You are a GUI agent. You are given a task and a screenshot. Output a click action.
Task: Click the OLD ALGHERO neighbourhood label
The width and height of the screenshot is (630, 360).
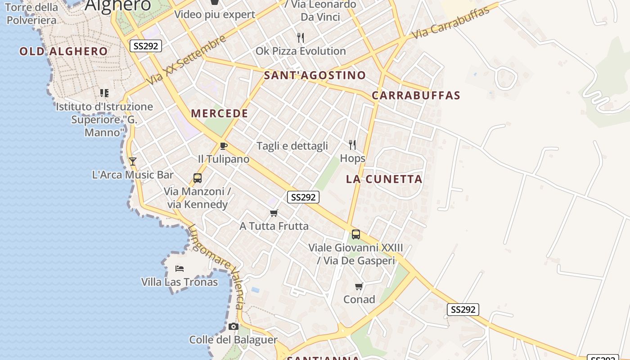pyautogui.click(x=63, y=51)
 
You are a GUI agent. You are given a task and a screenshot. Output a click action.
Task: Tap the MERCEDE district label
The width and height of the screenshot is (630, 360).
pyautogui.click(x=220, y=113)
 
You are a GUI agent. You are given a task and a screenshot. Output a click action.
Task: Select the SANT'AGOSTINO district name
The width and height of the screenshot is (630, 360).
pyautogui.click(x=315, y=75)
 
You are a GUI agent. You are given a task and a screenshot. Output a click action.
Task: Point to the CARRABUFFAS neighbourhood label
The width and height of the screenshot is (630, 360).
pyautogui.click(x=416, y=95)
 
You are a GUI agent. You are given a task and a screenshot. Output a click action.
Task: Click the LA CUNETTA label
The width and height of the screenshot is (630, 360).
pyautogui.click(x=384, y=179)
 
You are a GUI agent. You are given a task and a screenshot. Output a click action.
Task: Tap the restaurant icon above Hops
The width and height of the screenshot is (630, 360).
pyautogui.click(x=352, y=145)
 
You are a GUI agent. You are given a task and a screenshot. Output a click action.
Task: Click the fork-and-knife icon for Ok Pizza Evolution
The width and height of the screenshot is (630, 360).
pyautogui.click(x=301, y=38)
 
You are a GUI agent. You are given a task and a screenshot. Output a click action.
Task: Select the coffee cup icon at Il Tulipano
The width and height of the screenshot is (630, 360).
pyautogui.click(x=223, y=146)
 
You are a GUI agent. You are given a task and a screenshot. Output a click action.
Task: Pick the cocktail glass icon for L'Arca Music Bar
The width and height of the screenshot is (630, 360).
pyautogui.click(x=132, y=161)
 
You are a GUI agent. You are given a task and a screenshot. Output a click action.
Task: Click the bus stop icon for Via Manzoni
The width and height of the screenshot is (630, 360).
pyautogui.click(x=198, y=178)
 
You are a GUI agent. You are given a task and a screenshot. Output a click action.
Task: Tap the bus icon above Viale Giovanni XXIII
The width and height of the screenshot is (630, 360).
pyautogui.click(x=356, y=234)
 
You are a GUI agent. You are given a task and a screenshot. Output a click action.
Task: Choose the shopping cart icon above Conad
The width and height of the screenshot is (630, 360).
pyautogui.click(x=359, y=286)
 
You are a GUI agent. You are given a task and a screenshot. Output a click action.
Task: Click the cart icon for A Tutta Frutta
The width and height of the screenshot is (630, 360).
pyautogui.click(x=274, y=213)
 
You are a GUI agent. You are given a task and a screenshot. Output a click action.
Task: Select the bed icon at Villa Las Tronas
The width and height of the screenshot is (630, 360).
pyautogui.click(x=180, y=269)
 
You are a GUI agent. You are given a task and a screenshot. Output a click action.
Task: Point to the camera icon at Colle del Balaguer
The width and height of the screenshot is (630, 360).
pyautogui.click(x=233, y=326)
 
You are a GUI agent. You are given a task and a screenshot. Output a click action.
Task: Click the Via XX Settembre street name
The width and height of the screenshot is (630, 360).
pyautogui.click(x=186, y=60)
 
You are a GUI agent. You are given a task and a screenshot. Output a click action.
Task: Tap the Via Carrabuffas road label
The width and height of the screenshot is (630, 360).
pyautogui.click(x=450, y=23)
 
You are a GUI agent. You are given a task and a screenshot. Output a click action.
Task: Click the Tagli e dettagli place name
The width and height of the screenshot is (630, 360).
pyautogui.click(x=292, y=146)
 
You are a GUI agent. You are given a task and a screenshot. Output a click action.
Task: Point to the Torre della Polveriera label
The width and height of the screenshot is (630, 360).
pyautogui.click(x=31, y=13)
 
